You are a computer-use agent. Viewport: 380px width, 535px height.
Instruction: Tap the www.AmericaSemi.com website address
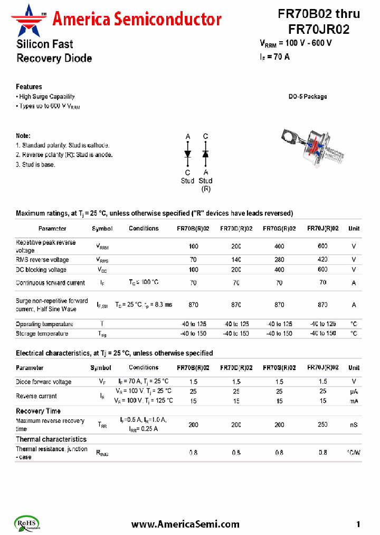[185, 524]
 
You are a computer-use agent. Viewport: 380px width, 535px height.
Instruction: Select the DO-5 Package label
[307, 97]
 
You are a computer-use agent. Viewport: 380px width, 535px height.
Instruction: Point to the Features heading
[29, 87]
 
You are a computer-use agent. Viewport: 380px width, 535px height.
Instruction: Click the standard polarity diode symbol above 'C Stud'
[187, 153]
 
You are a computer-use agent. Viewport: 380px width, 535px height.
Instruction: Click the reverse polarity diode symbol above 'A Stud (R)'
[205, 153]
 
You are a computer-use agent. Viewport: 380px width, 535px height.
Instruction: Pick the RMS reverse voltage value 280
[279, 260]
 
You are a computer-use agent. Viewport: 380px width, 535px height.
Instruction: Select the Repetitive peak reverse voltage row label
[46, 246]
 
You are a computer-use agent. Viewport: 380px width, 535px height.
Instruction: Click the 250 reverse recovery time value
[322, 425]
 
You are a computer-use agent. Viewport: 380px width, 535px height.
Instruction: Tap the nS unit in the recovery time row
[354, 425]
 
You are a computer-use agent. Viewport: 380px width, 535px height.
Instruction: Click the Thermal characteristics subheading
[51, 439]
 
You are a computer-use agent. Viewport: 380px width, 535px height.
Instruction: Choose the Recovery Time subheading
[38, 411]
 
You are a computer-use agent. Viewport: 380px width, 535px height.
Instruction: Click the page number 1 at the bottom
[358, 524]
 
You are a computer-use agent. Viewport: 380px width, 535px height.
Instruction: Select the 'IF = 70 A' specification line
[275, 57]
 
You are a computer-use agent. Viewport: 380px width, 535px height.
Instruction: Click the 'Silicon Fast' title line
[45, 44]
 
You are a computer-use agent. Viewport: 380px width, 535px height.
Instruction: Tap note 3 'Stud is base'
[36, 164]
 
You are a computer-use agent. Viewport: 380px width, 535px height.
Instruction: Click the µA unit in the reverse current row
[354, 391]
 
